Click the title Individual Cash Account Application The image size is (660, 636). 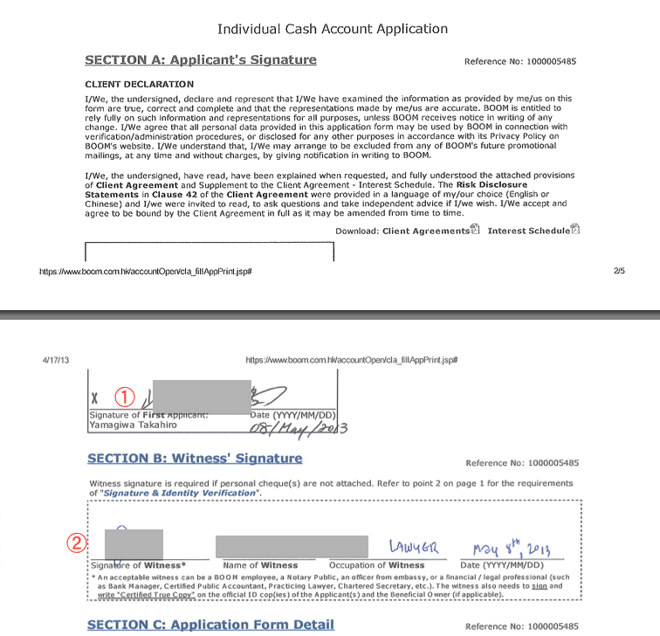(332, 29)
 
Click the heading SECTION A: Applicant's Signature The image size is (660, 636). (200, 60)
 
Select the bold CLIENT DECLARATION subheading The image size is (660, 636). (139, 84)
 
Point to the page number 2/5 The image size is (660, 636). (619, 272)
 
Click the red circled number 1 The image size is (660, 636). (125, 396)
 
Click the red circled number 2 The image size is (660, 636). (77, 543)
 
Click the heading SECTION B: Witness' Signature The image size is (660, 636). (195, 458)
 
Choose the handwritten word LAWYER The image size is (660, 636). (415, 548)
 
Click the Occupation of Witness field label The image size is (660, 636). (376, 565)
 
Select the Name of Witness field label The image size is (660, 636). (260, 565)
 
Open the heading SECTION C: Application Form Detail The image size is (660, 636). (210, 624)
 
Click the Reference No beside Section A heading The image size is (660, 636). (520, 62)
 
